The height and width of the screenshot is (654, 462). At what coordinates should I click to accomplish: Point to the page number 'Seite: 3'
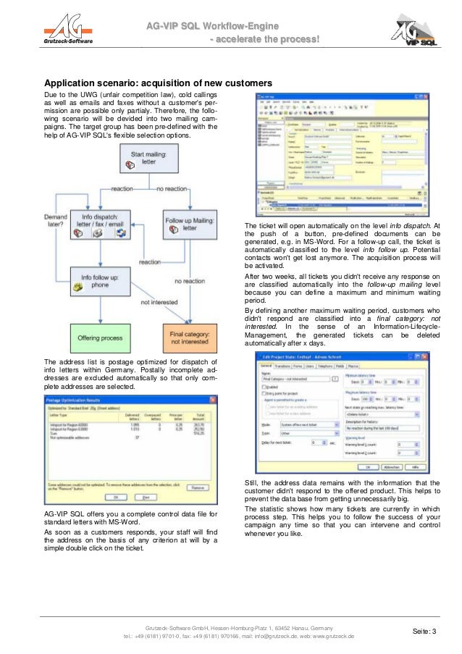click(424, 632)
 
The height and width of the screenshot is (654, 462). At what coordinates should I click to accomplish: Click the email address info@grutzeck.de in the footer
click(271, 636)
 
